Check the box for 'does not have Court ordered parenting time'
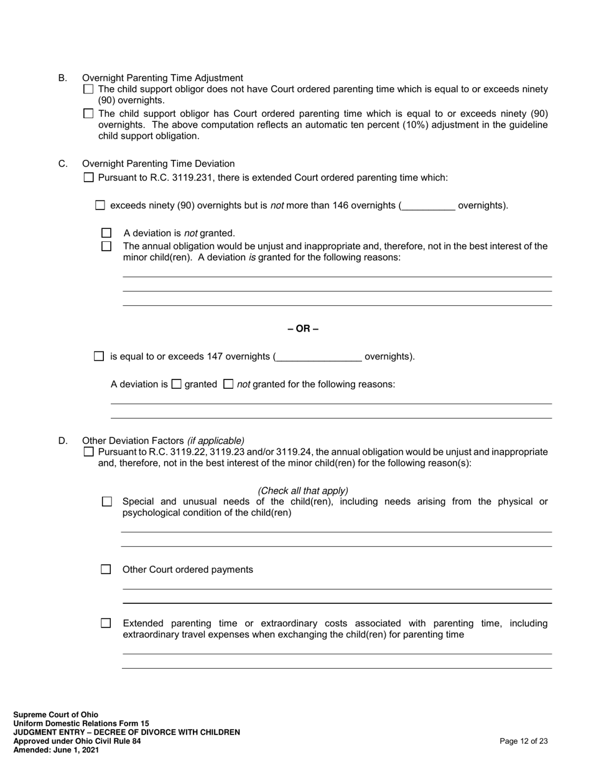point(88,89)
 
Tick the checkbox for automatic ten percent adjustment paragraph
point(88,114)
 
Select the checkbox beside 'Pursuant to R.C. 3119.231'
point(88,178)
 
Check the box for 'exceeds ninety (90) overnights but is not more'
point(100,205)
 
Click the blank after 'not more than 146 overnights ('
point(429,206)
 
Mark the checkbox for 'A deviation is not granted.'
point(106,233)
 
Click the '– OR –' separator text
point(303,328)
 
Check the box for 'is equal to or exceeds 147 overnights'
point(99,356)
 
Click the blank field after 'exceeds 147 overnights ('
point(318,357)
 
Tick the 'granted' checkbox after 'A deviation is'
point(176,384)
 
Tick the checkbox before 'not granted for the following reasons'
point(228,384)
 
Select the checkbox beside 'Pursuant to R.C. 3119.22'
point(88,452)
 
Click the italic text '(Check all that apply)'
point(303,491)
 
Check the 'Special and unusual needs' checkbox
point(106,501)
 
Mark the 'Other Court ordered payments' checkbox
point(106,570)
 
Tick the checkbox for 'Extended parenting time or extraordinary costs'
point(106,623)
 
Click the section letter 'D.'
point(63,441)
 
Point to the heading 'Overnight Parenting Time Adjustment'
point(162,78)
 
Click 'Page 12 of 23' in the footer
point(523,741)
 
